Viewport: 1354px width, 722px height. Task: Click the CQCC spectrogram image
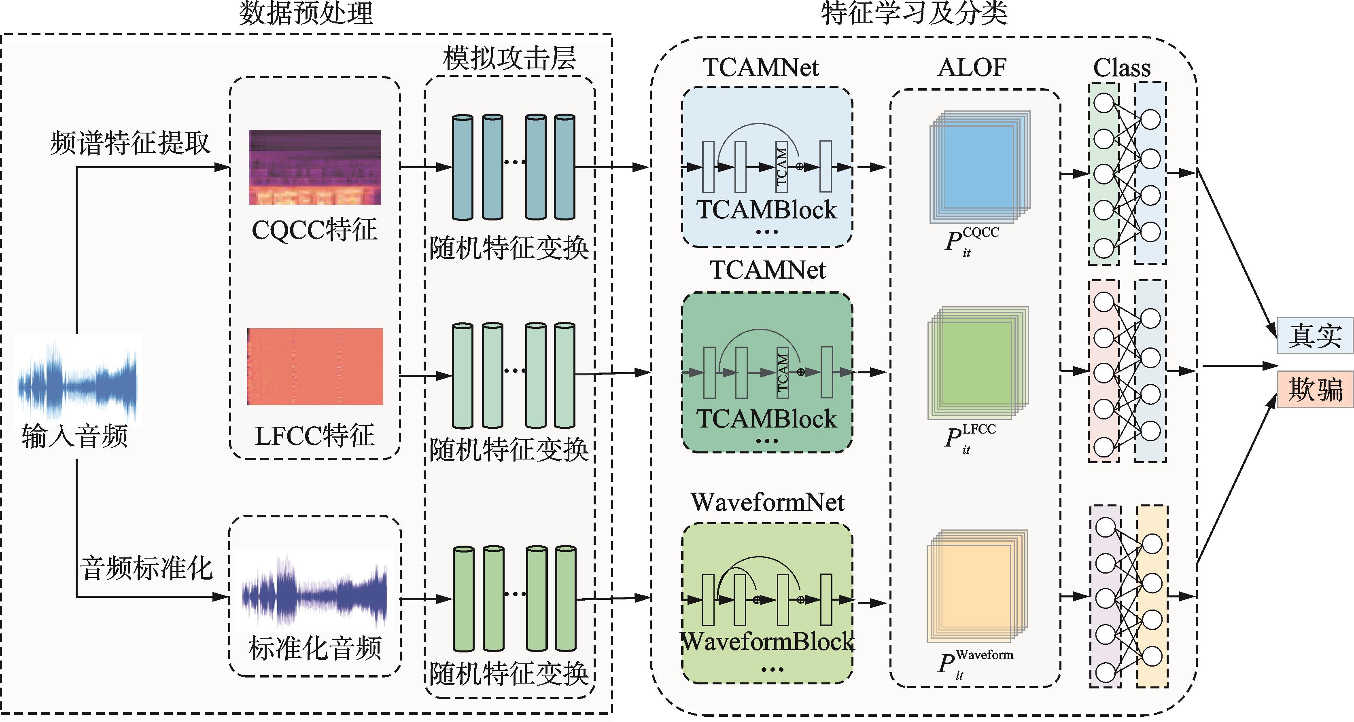coord(315,167)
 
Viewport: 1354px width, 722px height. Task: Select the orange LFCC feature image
coord(315,366)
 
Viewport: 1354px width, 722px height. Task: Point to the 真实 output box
coord(1315,336)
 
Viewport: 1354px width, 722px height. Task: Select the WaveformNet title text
coord(767,502)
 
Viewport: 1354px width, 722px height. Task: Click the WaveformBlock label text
coord(767,642)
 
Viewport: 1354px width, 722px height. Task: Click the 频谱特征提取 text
coord(130,143)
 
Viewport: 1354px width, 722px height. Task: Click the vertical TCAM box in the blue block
coord(781,167)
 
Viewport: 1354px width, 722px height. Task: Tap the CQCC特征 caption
coord(314,230)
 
